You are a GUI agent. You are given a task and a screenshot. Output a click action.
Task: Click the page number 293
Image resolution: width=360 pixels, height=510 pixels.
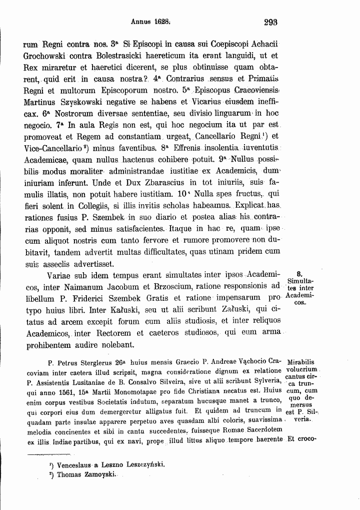pyautogui.click(x=270, y=22)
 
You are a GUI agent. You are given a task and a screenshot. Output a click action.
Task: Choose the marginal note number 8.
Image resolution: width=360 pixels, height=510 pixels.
pyautogui.click(x=299, y=274)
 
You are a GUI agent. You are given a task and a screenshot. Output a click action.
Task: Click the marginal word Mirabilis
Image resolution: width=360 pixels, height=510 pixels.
pyautogui.click(x=304, y=361)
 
